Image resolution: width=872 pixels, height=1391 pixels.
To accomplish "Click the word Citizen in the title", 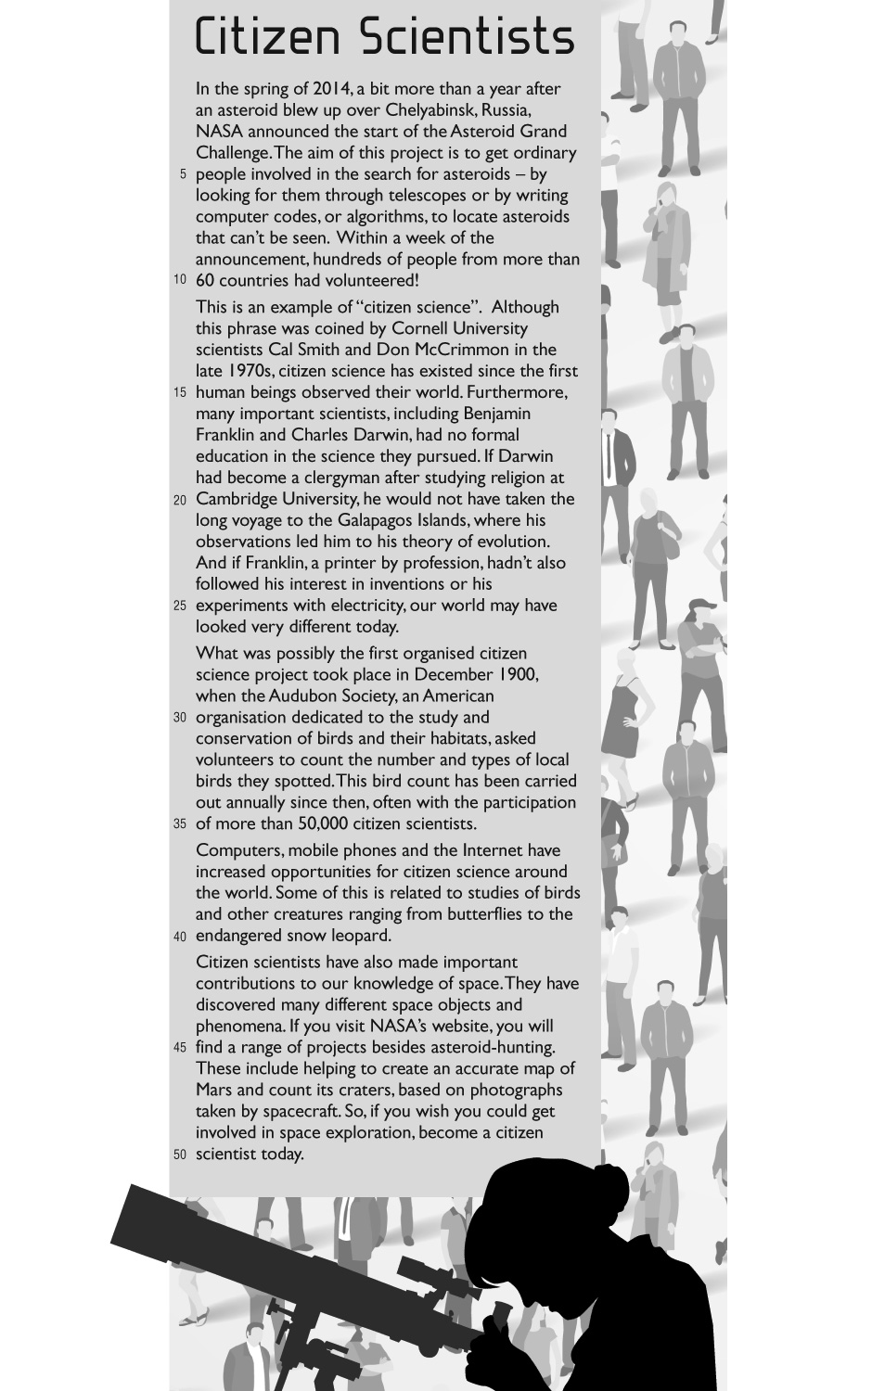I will point(269,37).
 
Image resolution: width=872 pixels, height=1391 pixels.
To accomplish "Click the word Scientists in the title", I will point(467,37).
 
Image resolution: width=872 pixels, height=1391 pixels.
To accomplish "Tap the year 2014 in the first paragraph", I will point(330,89).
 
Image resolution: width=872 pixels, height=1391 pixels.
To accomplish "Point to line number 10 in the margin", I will point(180,280).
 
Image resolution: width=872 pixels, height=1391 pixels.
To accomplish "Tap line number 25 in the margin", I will point(180,606).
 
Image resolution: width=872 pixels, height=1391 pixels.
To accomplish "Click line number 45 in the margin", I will point(180,1048).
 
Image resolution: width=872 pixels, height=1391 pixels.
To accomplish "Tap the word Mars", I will point(213,1090).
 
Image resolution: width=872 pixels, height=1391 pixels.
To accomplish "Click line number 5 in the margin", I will point(183,174).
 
